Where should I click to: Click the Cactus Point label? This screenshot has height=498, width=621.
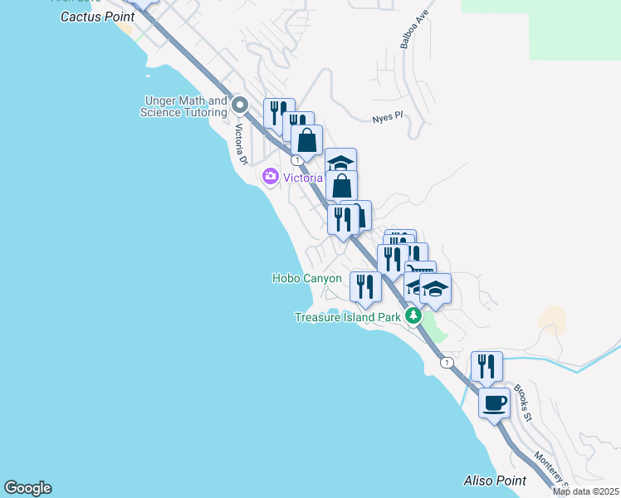coord(98,16)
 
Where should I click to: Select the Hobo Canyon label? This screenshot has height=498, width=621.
coord(306,279)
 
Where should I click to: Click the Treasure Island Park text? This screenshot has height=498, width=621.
coord(349,317)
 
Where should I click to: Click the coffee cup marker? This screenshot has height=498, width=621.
coord(495,403)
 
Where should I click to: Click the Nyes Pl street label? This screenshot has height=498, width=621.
coord(387,117)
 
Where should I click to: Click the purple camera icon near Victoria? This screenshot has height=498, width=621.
coord(270,176)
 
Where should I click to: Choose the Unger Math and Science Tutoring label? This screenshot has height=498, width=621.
coord(183,106)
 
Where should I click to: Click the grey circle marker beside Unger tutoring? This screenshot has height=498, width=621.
coord(240,105)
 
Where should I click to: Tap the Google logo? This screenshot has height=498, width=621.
coord(27,488)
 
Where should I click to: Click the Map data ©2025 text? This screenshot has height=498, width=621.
coord(586,491)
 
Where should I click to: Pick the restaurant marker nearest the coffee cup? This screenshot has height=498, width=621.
coord(487,366)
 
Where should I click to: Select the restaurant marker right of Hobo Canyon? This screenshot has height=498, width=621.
coord(365,286)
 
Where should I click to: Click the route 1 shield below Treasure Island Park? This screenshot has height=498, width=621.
coord(447,363)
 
